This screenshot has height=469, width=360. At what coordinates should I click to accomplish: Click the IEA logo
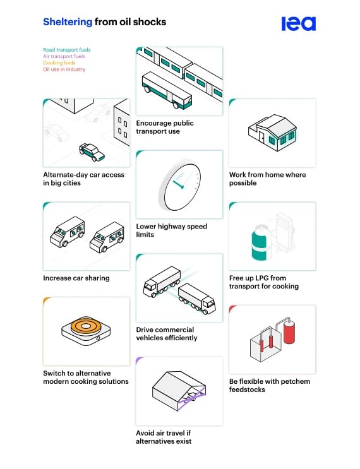[x=298, y=23]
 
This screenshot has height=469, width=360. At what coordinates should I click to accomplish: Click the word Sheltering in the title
[x=68, y=22]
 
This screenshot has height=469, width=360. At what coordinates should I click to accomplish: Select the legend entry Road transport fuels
[x=67, y=50]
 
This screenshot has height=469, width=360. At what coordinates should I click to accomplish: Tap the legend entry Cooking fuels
[x=59, y=63]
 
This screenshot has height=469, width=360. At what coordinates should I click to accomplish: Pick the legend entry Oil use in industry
[x=64, y=69]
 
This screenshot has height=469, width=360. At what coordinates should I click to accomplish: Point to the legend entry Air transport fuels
[x=64, y=56]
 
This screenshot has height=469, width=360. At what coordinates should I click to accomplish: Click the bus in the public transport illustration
[x=167, y=90]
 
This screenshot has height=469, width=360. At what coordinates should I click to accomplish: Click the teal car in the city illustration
[x=92, y=152]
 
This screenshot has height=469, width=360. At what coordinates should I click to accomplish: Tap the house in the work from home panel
[x=272, y=133]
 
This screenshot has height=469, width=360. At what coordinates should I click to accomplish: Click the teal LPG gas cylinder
[x=260, y=244]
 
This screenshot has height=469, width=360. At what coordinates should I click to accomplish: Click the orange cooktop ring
[x=86, y=326]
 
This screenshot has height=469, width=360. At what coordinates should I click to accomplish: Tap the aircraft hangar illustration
[x=179, y=391]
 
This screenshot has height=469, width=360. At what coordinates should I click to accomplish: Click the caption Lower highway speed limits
[x=171, y=230]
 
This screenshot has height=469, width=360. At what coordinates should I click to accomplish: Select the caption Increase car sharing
[x=76, y=278]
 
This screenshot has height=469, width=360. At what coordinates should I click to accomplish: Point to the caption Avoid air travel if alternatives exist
[x=164, y=437]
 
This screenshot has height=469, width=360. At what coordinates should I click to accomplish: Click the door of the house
[x=261, y=137]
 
